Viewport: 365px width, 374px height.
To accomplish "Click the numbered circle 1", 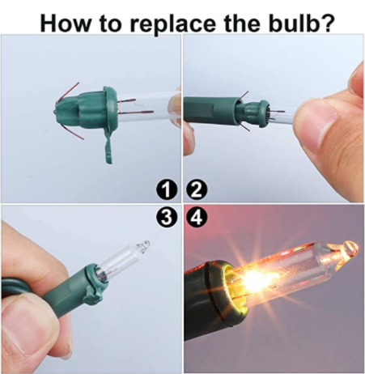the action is [x=167, y=190].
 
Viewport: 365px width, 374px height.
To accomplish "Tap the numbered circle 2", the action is [x=197, y=190].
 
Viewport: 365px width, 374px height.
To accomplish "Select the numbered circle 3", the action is [x=167, y=217].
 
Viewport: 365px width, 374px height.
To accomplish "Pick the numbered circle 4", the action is [x=197, y=217].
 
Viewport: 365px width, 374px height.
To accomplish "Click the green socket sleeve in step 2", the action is [x=210, y=110].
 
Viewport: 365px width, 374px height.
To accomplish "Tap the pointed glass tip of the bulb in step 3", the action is [x=146, y=244].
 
